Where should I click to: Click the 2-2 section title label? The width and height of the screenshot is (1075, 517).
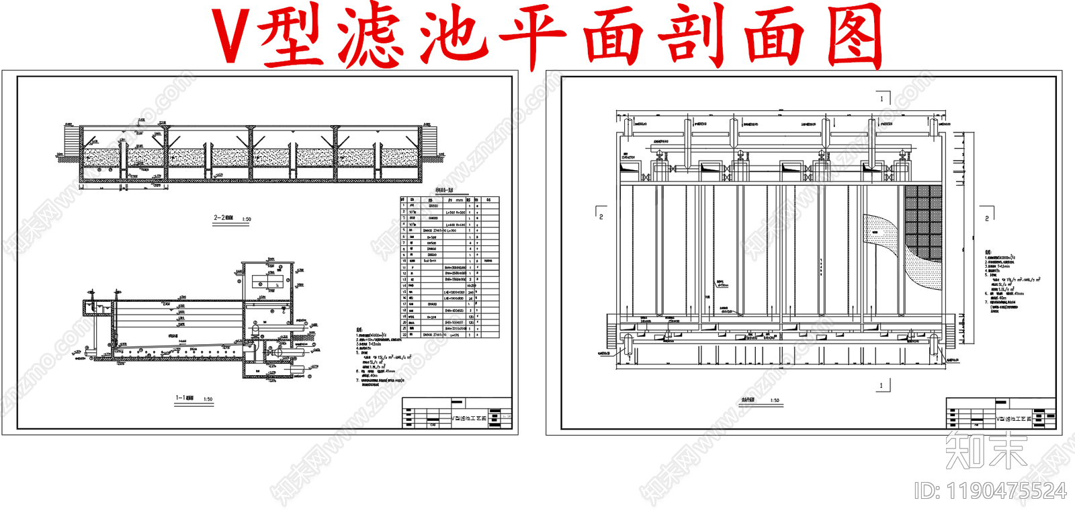tap(222, 218)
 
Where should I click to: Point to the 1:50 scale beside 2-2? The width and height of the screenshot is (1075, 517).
tap(247, 219)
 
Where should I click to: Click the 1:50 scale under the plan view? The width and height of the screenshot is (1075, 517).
tap(775, 400)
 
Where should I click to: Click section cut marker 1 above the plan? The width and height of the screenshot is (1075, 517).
tap(882, 98)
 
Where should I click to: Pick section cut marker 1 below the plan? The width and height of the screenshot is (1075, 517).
tap(881, 386)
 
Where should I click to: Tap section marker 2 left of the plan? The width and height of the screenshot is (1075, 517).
tap(601, 216)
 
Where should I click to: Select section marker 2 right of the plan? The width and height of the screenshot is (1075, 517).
tap(986, 218)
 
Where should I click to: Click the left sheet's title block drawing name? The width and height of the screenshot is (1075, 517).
tap(470, 418)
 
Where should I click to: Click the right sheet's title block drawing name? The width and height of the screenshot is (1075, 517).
tap(1014, 419)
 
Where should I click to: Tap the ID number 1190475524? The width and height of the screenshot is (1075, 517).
tap(990, 491)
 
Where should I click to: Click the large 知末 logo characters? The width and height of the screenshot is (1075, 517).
tap(986, 451)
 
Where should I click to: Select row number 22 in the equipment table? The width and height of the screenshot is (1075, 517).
tap(404, 334)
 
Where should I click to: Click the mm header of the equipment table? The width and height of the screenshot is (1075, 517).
tap(460, 200)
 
